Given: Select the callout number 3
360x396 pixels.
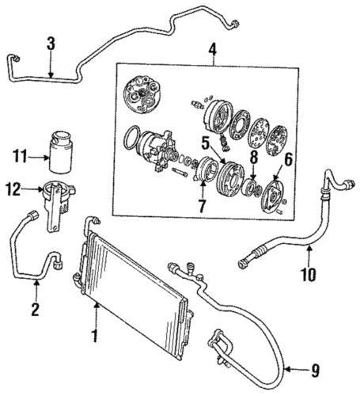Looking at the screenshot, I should pos(51,44).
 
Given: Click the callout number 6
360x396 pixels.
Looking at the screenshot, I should pos(289,159).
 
